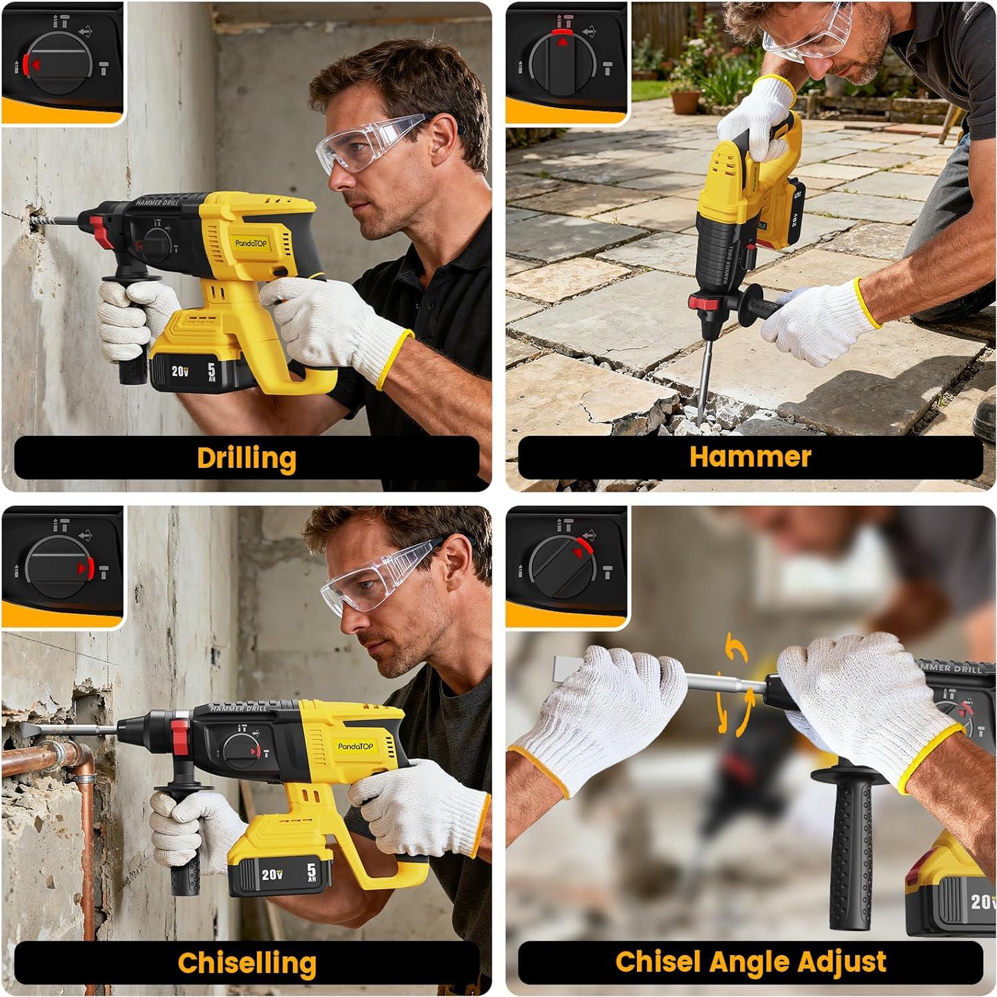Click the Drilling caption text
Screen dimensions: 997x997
click(x=246, y=458)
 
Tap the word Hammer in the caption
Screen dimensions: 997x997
click(x=750, y=457)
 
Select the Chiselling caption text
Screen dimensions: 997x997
click(x=246, y=962)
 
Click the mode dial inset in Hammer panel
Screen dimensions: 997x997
click(x=566, y=63)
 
